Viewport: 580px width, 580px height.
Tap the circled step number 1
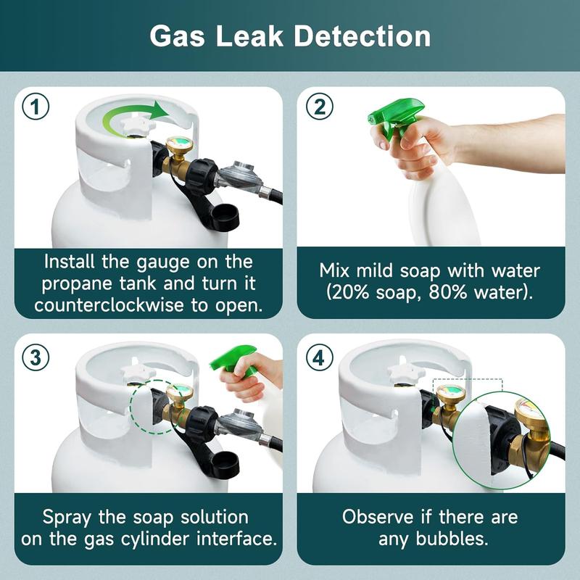point(36,107)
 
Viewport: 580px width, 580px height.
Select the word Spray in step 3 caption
point(69,518)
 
